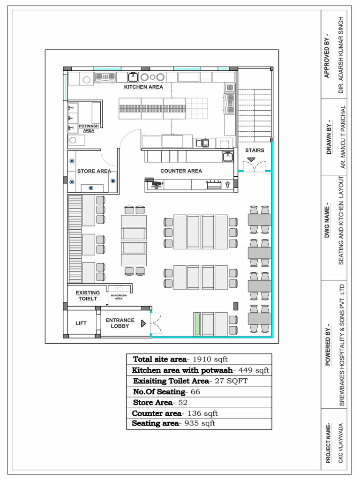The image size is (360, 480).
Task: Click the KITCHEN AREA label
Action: tap(143, 87)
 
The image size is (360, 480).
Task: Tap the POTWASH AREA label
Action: tap(89, 128)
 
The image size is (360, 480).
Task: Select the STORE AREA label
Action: tap(94, 171)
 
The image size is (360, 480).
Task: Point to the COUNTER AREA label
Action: tap(181, 171)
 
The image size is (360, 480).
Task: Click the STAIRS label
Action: tap(255, 150)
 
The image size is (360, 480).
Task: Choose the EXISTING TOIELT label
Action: tap(88, 295)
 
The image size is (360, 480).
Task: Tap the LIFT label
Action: tap(82, 323)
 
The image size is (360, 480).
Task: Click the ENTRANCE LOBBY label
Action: tap(120, 323)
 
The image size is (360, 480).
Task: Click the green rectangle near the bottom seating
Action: tap(198, 323)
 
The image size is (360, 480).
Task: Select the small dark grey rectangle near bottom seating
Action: tap(236, 306)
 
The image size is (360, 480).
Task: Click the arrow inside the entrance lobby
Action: tap(143, 323)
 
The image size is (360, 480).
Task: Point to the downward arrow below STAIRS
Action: tap(251, 160)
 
